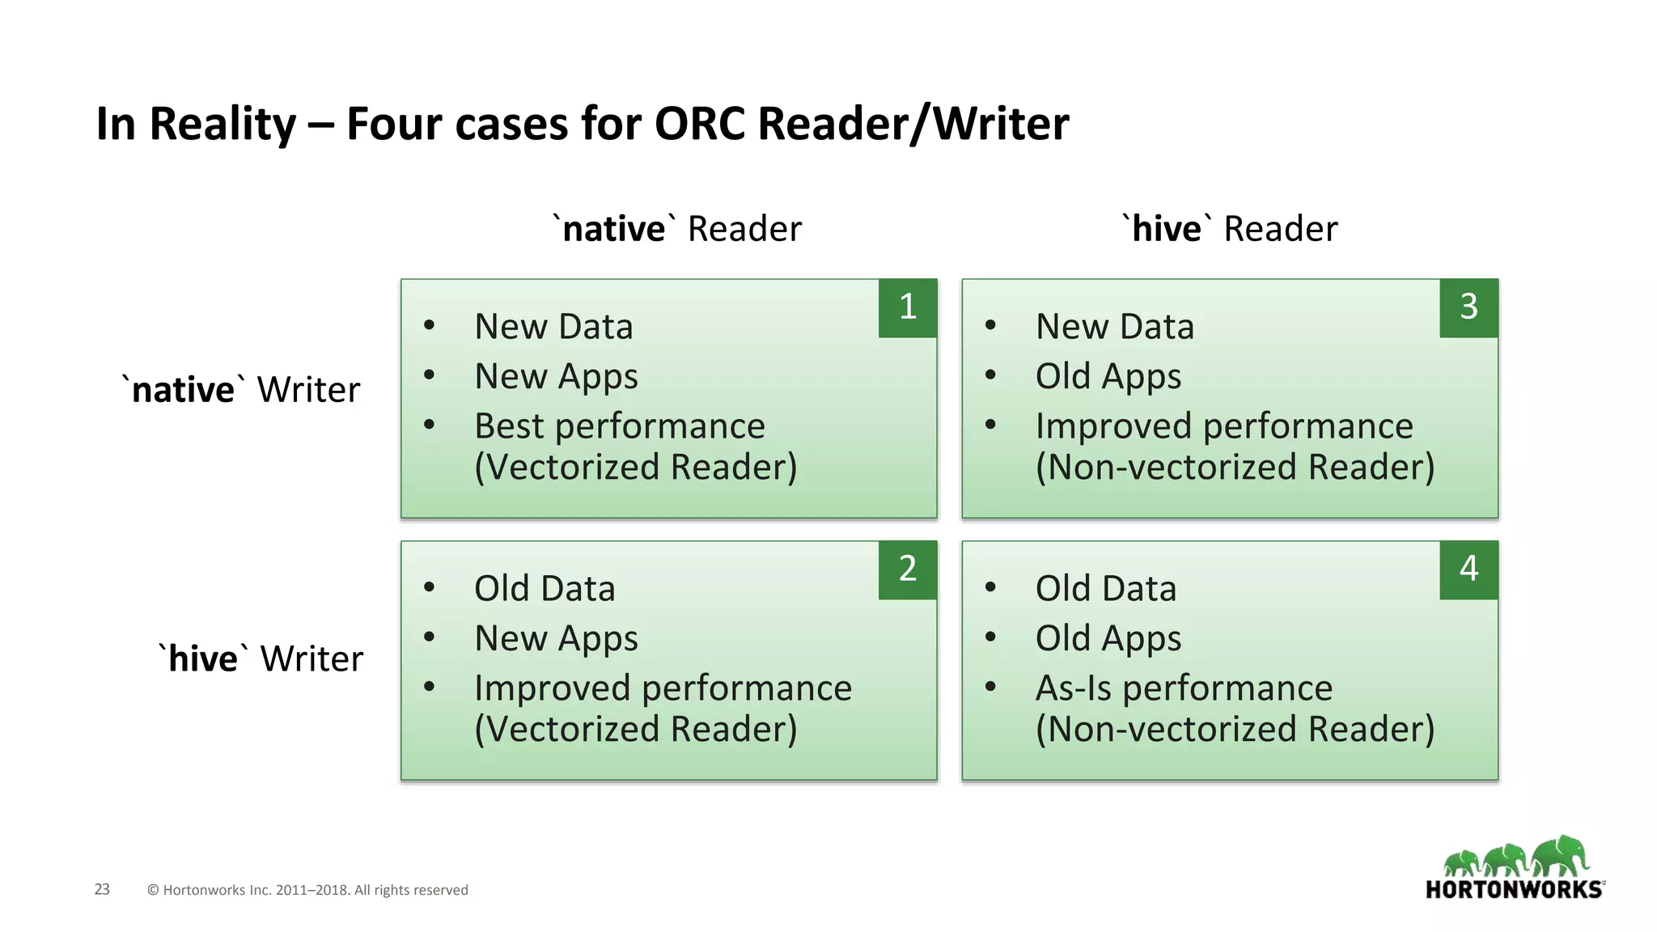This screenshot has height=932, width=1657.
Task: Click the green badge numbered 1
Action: tap(907, 307)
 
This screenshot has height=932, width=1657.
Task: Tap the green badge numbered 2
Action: tap(907, 570)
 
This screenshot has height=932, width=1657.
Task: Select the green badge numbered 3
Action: tap(1468, 307)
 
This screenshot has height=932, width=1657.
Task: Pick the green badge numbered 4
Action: tap(1468, 570)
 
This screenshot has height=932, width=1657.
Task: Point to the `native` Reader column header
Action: tap(677, 229)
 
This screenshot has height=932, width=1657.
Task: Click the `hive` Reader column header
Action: tap(1230, 229)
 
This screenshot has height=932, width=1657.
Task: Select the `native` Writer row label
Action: tap(241, 390)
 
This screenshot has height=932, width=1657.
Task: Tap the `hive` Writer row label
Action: tap(261, 659)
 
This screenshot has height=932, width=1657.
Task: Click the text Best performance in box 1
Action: tap(619, 426)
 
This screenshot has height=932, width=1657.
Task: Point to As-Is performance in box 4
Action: tap(1184, 688)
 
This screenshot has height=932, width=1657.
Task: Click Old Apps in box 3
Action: tap(1108, 377)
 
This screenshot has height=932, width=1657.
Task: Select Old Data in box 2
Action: tap(544, 589)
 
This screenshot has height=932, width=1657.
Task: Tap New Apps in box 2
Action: tap(556, 639)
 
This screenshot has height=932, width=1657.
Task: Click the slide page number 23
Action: tap(102, 889)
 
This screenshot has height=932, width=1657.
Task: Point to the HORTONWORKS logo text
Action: tap(1514, 890)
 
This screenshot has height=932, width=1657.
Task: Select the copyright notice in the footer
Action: tap(307, 890)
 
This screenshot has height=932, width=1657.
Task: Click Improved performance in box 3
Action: tap(1223, 426)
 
